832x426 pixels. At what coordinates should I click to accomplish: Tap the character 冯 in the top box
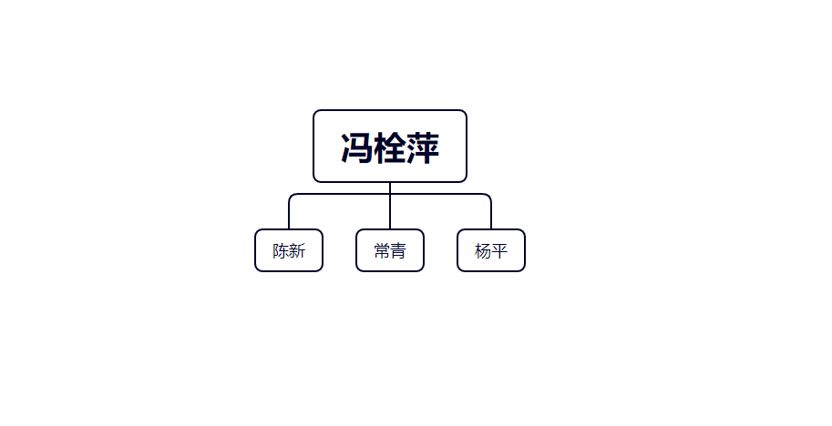coord(356,147)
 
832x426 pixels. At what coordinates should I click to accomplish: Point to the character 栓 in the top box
coord(390,147)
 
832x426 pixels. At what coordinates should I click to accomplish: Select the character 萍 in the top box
coord(423,147)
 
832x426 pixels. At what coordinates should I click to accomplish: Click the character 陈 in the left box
coord(281,250)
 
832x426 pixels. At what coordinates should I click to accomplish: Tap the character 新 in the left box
coord(297,250)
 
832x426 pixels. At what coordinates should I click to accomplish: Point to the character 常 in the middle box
coord(382,250)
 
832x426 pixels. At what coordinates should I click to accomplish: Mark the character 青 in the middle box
coord(398,250)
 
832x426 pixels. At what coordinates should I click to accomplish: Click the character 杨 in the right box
coord(483,250)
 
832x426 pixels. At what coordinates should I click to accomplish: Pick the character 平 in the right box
coord(499,250)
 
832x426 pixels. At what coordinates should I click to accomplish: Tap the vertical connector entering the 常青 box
coord(390,212)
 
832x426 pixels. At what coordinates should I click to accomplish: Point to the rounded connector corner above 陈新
coord(291,196)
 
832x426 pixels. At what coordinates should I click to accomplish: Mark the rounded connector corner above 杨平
coord(488,196)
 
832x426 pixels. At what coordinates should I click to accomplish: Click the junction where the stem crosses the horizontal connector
coord(390,194)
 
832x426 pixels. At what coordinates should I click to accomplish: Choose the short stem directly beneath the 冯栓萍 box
coord(390,188)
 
